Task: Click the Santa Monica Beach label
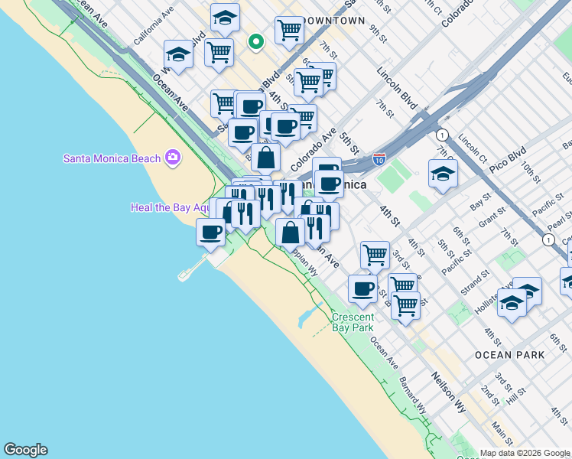[x=112, y=158]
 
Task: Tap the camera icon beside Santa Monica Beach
[x=173, y=158]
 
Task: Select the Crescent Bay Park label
[x=353, y=322]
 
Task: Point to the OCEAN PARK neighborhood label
[x=510, y=355]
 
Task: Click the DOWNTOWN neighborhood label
[x=333, y=21]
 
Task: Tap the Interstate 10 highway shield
[x=379, y=159]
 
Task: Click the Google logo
[x=25, y=450]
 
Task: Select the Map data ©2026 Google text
[x=525, y=453]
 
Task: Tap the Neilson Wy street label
[x=448, y=392]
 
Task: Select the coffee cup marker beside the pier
[x=210, y=231]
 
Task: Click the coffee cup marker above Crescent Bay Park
[x=362, y=288]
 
